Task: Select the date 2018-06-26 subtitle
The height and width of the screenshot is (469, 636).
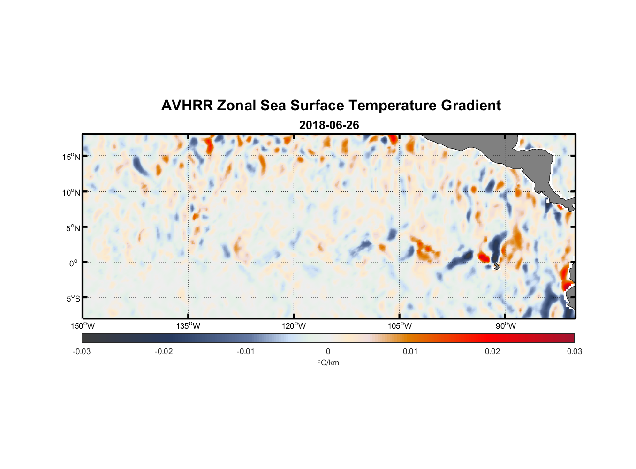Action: click(329, 125)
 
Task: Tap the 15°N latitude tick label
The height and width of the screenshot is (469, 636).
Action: click(71, 157)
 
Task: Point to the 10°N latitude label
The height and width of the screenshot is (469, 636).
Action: click(71, 192)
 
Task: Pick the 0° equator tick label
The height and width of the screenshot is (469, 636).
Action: click(74, 263)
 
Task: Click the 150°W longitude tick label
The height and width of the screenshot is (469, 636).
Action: click(83, 326)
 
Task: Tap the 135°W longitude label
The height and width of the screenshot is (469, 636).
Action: click(188, 326)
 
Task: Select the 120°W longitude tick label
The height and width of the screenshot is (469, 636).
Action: click(294, 326)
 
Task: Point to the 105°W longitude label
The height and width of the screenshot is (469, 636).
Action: click(400, 326)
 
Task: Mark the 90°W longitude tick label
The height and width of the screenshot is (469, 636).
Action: click(506, 326)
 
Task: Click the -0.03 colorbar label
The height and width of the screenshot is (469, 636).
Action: click(82, 351)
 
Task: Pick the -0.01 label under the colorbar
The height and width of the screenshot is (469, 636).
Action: click(246, 351)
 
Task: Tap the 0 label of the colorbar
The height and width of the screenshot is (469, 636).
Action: click(328, 351)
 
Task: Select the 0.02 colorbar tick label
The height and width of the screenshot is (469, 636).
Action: click(492, 351)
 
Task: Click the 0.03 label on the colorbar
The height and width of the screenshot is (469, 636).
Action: click(574, 351)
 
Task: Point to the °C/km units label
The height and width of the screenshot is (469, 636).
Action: click(328, 363)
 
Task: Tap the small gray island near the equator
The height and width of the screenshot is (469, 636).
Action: click(496, 266)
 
